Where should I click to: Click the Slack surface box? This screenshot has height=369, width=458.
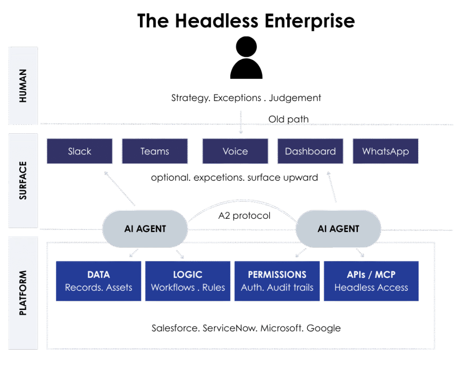[80, 151]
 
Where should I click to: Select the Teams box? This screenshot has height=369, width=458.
[155, 151]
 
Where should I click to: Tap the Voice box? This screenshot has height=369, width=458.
[235, 151]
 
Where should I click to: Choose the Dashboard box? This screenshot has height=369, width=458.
[310, 151]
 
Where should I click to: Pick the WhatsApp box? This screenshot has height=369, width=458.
[386, 151]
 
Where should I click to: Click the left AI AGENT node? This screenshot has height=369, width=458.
[145, 229]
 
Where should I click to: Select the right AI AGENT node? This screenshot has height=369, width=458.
[338, 229]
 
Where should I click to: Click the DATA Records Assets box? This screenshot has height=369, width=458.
[98, 281]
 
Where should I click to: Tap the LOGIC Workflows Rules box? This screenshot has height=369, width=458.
[188, 281]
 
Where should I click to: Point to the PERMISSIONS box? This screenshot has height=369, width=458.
[277, 281]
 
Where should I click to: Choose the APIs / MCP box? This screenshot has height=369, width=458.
[371, 281]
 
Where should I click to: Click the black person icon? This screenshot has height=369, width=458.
[246, 58]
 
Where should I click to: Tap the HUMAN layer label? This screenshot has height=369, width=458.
[23, 85]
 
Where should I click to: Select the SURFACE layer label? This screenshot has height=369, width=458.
[23, 180]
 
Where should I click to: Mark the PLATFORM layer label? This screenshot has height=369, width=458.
[23, 293]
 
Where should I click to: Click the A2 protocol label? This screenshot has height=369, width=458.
[244, 216]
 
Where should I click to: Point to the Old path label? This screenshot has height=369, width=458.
[288, 119]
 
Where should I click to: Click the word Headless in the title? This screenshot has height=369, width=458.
[217, 21]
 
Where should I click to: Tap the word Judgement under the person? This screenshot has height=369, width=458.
[295, 98]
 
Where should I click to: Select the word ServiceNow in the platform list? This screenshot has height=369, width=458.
[230, 328]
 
